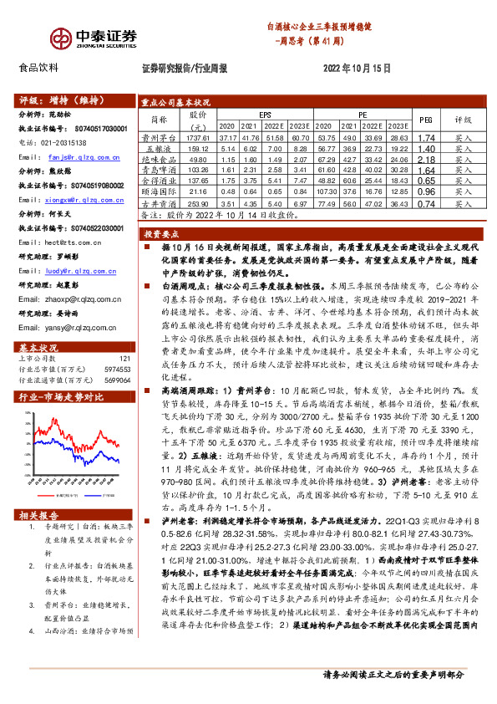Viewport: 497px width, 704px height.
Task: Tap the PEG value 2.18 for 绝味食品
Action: click(x=426, y=158)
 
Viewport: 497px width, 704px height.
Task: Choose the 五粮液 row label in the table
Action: click(x=155, y=148)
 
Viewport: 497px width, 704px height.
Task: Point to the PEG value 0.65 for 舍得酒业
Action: click(x=426, y=181)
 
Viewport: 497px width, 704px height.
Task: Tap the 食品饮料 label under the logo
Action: click(x=38, y=68)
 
